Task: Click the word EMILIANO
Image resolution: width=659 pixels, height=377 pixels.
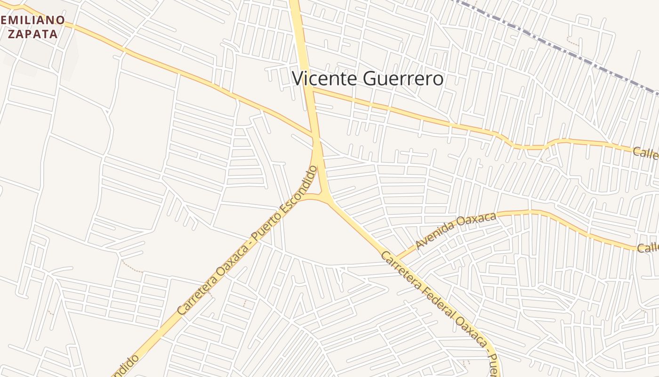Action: (32, 20)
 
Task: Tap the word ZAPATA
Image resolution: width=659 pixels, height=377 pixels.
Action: (32, 34)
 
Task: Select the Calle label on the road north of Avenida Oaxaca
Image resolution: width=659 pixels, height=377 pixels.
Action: (645, 153)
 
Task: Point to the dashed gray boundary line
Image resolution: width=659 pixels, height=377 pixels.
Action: (565, 49)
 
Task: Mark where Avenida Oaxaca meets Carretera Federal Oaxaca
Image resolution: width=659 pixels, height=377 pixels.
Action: (396, 259)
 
